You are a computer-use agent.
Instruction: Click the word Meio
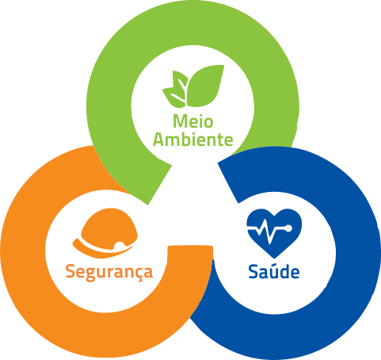(x=193, y=121)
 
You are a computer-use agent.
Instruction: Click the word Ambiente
(x=193, y=139)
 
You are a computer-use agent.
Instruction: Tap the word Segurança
(x=109, y=272)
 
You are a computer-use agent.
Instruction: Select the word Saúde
(x=274, y=271)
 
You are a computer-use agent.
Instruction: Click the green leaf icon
(x=193, y=86)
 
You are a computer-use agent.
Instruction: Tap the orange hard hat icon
(x=105, y=233)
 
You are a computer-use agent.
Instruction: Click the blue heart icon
(x=274, y=233)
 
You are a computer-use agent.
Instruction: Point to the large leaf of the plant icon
(x=204, y=86)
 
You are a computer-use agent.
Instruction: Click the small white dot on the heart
(x=288, y=228)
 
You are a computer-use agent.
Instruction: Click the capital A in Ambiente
(x=158, y=139)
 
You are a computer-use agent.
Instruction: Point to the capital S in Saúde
(x=253, y=271)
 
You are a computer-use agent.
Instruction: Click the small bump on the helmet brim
(x=119, y=245)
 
